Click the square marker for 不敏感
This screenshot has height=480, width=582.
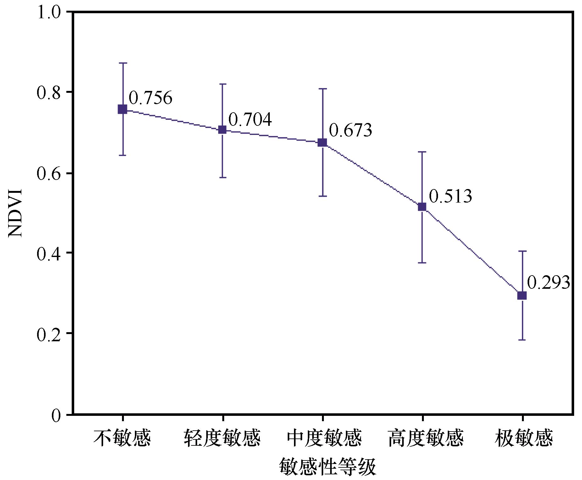(122, 109)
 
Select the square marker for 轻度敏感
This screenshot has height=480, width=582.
(222, 130)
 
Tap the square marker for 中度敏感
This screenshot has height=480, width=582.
(322, 142)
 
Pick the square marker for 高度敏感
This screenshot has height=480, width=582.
(422, 207)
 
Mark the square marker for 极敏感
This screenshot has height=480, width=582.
(522, 295)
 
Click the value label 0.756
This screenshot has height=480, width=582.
(151, 98)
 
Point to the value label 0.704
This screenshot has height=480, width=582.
(250, 120)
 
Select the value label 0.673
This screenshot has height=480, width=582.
(351, 130)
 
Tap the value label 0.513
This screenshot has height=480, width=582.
(451, 196)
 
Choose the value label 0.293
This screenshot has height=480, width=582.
(548, 282)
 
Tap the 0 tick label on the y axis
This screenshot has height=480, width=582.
(56, 415)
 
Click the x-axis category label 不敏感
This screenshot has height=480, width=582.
(122, 438)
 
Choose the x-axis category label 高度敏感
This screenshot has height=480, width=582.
(426, 438)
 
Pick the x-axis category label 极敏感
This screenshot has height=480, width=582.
(524, 438)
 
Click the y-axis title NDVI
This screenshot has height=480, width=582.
(15, 213)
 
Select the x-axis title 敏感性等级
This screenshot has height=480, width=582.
(327, 466)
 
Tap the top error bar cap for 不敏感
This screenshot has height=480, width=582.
(123, 63)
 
